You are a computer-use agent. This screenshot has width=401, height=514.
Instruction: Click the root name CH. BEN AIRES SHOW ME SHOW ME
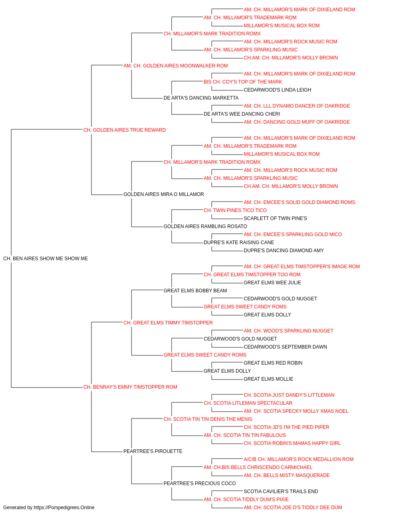(x=46, y=259)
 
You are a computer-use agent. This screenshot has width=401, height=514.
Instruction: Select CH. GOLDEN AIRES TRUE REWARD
(x=124, y=130)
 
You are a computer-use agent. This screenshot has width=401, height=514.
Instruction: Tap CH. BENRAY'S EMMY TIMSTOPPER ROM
(x=130, y=387)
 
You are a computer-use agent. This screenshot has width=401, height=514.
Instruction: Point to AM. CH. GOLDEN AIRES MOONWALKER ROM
(x=176, y=66)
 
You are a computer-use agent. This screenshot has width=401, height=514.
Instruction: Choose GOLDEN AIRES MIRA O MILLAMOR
(x=164, y=194)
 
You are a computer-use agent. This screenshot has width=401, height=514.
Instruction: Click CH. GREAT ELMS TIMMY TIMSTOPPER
(x=168, y=323)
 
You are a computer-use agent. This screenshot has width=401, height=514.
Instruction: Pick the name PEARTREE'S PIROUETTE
(x=153, y=451)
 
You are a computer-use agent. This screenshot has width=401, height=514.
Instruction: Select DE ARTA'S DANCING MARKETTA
(x=201, y=98)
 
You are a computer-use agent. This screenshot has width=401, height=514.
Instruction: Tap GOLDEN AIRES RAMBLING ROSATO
(x=205, y=226)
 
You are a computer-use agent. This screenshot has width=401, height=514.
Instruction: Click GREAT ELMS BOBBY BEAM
(x=195, y=291)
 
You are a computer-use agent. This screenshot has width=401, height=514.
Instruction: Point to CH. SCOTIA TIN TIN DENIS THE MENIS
(x=208, y=419)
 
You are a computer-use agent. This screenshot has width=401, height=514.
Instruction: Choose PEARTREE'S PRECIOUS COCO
(x=200, y=483)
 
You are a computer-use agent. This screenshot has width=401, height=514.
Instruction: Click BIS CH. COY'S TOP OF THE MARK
(x=243, y=82)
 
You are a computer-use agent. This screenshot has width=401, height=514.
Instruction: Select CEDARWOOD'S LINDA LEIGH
(x=277, y=90)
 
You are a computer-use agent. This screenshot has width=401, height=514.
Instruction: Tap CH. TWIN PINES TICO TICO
(x=235, y=210)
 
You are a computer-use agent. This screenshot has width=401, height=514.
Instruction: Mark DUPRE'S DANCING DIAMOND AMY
(x=284, y=251)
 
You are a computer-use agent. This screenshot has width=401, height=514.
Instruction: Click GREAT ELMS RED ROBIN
(x=273, y=363)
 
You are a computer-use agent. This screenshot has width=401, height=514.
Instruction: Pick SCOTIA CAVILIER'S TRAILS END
(x=281, y=492)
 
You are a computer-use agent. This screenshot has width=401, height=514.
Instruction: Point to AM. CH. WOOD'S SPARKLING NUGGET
(x=288, y=330)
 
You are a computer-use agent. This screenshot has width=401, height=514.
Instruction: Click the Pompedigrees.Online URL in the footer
(x=64, y=508)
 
